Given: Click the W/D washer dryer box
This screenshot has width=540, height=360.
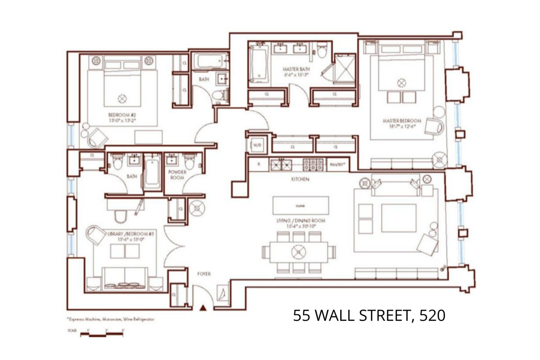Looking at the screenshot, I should coord(257,145).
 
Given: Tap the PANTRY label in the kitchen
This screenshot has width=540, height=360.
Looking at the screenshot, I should coord(337,165).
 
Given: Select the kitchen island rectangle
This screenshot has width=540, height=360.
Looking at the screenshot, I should coord(301,206).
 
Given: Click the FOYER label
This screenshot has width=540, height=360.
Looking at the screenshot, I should coord(204,274).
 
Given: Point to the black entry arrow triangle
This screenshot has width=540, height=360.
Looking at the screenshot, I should coord(203,307).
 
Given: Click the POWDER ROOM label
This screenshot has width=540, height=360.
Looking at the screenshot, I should coord(177,175).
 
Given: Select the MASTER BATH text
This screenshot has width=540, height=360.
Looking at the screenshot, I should coord(296,69).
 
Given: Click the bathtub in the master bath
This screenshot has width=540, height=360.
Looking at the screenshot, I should coord(258,64).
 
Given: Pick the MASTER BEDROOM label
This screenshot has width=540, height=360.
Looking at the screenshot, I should coord(402,121).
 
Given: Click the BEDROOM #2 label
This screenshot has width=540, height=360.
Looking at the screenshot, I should coord(122,115).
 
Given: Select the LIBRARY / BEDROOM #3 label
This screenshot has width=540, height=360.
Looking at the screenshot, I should coord(131,234).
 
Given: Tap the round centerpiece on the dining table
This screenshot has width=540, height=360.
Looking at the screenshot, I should coord(298,251).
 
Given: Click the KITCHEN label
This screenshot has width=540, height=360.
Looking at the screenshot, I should coord(300,179).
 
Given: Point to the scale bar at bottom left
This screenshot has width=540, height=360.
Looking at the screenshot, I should coord(102,334).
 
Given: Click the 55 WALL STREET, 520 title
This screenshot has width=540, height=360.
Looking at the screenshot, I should coord(369,315).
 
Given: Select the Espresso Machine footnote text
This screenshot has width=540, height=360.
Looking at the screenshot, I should coord(111,319).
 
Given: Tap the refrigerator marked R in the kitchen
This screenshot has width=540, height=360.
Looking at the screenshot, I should coord(259,165).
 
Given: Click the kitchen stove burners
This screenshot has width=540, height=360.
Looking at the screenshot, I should coord(314,165).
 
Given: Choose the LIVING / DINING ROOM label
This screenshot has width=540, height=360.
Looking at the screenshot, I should coord(301,221).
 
